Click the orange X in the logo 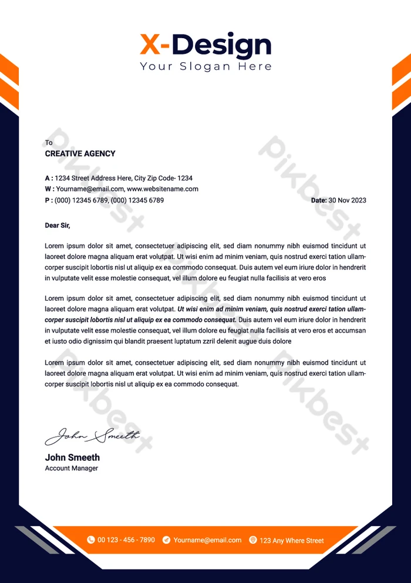click(151, 45)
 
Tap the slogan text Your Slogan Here click(206, 66)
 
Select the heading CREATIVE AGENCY click(80, 154)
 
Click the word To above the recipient click(49, 143)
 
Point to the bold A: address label click(49, 178)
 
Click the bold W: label click(49, 189)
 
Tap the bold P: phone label click(49, 200)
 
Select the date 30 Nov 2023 click(347, 200)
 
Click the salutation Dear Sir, click(57, 225)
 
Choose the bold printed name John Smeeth click(72, 457)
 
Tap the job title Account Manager click(71, 469)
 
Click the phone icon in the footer click(90, 540)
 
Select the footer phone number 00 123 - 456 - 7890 click(126, 540)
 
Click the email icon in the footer click(166, 540)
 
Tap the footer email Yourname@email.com click(207, 540)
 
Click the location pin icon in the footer click(253, 540)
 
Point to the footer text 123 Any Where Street click(292, 540)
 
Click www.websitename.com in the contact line click(163, 189)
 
